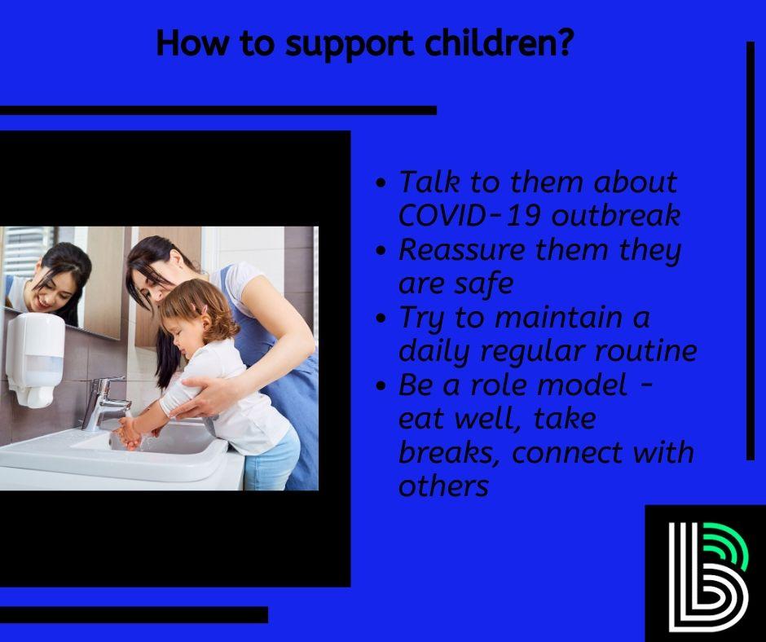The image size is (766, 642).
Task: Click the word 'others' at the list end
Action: (443, 486)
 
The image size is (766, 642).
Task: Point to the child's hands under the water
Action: (130, 431)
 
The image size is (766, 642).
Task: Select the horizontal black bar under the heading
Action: (218, 110)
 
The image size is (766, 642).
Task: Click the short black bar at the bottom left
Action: (134, 614)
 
